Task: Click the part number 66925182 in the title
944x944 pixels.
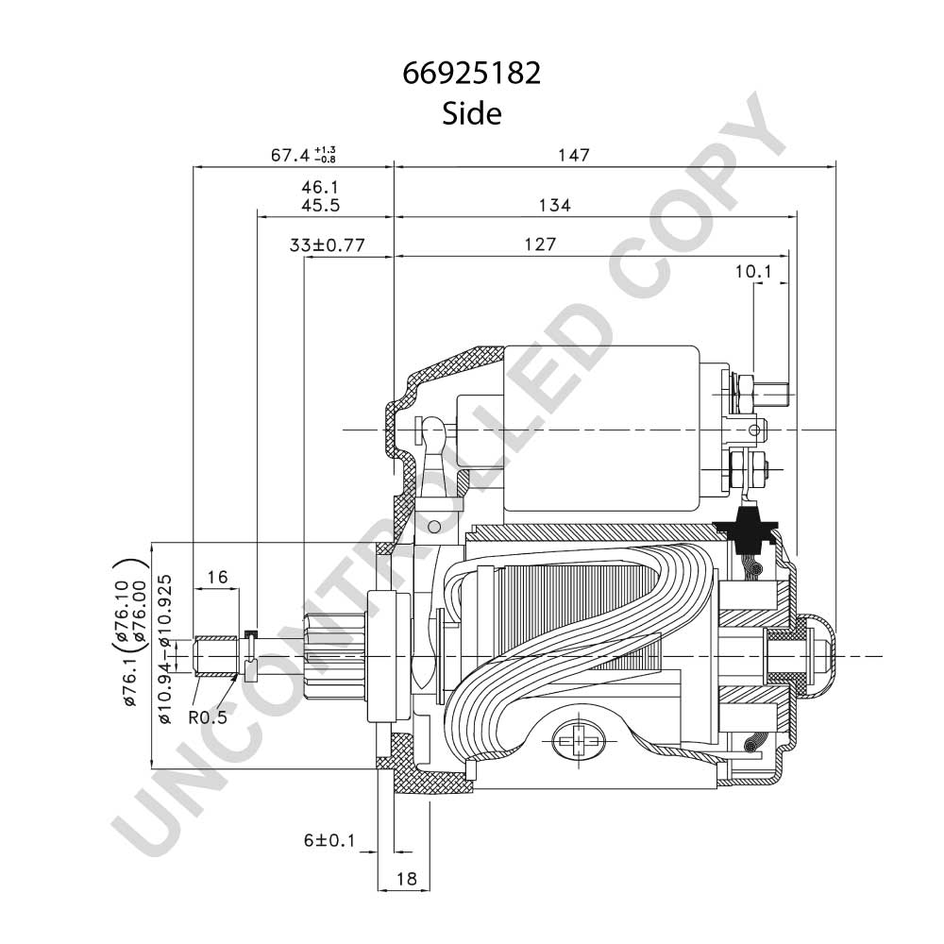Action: coord(471,74)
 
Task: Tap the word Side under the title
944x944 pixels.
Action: coord(471,113)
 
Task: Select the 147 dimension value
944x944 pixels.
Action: coord(573,156)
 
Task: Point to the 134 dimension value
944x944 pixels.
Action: coord(554,205)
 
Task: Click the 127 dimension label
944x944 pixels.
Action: coord(539,244)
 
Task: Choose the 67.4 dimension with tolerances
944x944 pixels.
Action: coord(303,156)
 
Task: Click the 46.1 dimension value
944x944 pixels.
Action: coord(320,187)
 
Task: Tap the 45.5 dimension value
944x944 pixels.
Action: coord(320,205)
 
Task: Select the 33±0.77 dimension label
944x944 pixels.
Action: coord(327,245)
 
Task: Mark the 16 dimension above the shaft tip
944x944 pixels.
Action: coord(217,578)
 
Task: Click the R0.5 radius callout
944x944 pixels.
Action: coord(209,717)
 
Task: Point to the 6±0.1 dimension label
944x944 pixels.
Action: coord(329,840)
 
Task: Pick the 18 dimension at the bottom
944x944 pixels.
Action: coord(407,879)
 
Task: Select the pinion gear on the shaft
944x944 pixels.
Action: coord(335,656)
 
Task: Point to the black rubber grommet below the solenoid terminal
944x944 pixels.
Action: coord(747,531)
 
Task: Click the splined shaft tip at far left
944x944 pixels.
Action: coord(215,656)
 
